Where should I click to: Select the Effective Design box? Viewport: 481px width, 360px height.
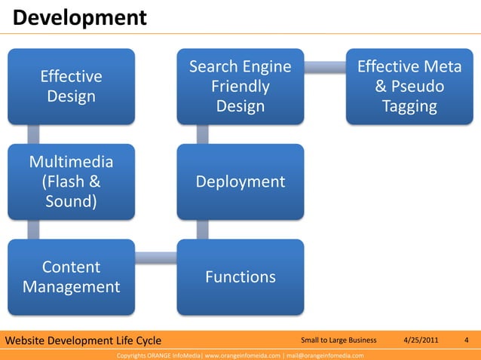coord(72,87)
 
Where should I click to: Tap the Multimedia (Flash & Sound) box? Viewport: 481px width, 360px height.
coord(72,182)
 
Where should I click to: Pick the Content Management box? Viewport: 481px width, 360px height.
coord(72,276)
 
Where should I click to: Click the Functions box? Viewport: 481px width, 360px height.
coord(240,276)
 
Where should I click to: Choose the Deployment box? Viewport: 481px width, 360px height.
coord(240,182)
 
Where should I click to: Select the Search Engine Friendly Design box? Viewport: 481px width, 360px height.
coord(240,87)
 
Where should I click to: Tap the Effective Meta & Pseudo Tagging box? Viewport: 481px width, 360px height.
coord(409,87)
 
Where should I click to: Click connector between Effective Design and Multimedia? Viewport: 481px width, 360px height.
coord(32,134)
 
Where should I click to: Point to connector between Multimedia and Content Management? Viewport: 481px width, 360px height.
coord(32,229)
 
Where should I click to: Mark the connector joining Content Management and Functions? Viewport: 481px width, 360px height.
coord(156,258)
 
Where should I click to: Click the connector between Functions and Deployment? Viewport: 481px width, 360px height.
coord(201,229)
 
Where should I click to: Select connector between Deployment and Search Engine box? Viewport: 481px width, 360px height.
coord(201,134)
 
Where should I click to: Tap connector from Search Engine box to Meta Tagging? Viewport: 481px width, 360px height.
coord(325,68)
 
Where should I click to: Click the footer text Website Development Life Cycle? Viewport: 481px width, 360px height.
coord(78,340)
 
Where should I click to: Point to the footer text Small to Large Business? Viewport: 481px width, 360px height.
coord(338,340)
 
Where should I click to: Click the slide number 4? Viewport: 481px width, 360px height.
coord(467,340)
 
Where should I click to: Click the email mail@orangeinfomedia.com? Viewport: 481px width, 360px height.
coord(325,355)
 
